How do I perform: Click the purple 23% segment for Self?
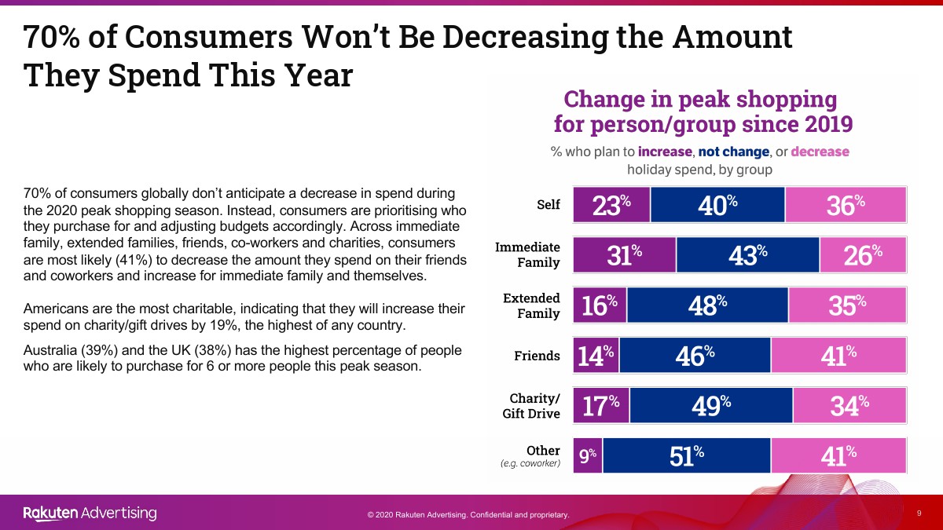(x=611, y=205)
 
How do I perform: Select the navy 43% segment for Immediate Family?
(x=747, y=255)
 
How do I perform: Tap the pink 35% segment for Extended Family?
(x=847, y=305)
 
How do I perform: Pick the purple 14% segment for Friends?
(x=594, y=356)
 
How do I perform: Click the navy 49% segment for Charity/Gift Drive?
(x=711, y=405)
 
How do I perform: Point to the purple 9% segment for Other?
(x=588, y=455)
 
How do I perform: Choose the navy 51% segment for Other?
(x=686, y=455)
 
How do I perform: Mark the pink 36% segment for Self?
(x=846, y=205)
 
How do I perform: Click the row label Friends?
(x=538, y=356)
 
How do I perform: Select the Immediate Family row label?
(x=527, y=254)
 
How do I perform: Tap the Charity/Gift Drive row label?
(x=531, y=406)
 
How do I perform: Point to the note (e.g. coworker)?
(x=530, y=464)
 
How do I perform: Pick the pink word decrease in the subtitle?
(x=820, y=152)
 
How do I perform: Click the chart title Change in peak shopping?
(x=700, y=100)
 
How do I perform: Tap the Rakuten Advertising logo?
(x=90, y=514)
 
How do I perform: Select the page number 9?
(x=919, y=513)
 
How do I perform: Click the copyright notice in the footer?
(x=468, y=515)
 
